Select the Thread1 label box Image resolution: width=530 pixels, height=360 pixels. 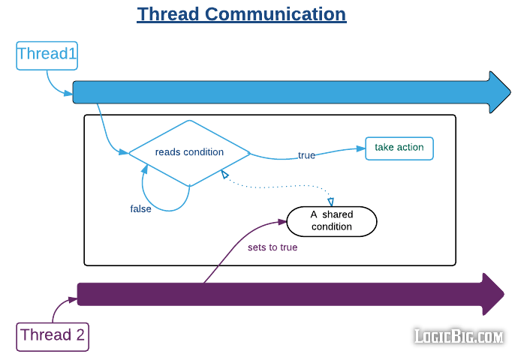(x=47, y=55)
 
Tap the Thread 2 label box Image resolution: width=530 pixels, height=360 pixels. (x=53, y=335)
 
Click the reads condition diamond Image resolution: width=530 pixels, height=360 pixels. (x=189, y=152)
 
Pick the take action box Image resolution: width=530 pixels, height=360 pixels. (x=399, y=148)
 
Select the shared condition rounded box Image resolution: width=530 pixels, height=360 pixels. (x=332, y=221)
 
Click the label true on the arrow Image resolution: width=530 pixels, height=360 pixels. (x=306, y=156)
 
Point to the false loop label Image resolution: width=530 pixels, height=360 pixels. (x=140, y=209)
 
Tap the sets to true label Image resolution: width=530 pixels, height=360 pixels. (x=273, y=247)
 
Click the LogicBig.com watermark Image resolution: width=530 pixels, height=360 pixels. (x=459, y=337)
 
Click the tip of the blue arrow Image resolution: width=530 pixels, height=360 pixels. (x=509, y=93)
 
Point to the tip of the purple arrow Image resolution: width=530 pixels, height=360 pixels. (x=502, y=294)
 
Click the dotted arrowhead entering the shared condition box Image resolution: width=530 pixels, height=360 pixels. (x=331, y=201)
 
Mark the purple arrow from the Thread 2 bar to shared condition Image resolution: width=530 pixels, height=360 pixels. (x=233, y=248)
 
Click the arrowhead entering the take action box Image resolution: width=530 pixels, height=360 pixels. (x=360, y=148)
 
